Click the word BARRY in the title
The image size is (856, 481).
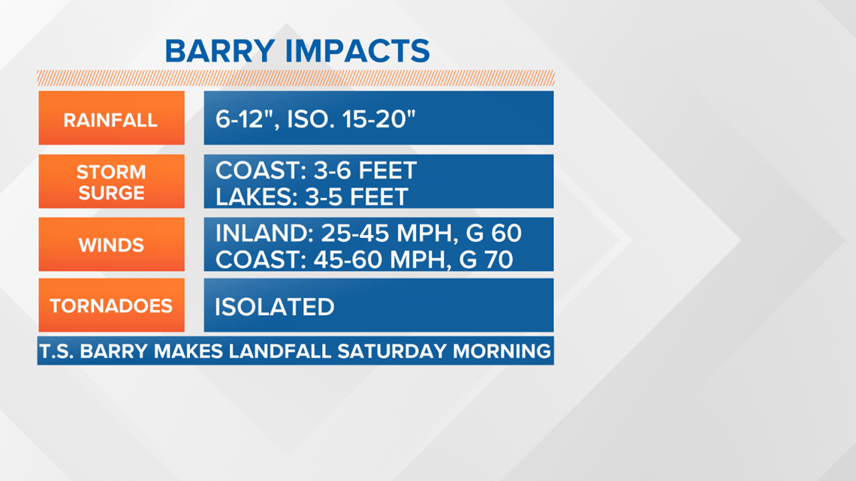coord(219,51)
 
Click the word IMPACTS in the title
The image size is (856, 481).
coord(357,51)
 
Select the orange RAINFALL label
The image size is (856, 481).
coord(111,118)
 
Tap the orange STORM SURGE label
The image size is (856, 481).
coord(111,181)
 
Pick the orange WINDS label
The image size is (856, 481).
coord(111,245)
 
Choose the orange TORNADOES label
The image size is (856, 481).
coord(111,305)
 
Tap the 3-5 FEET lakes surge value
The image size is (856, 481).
coord(357,197)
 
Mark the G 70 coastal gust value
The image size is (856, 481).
coord(486,260)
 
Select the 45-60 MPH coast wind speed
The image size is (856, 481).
coord(382,260)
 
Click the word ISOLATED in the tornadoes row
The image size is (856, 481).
coord(275,307)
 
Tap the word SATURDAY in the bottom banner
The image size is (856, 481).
coord(392,350)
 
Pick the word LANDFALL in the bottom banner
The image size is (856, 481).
coord(279,350)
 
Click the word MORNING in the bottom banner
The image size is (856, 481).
coord(502,350)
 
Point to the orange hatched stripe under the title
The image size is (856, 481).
coord(296,78)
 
